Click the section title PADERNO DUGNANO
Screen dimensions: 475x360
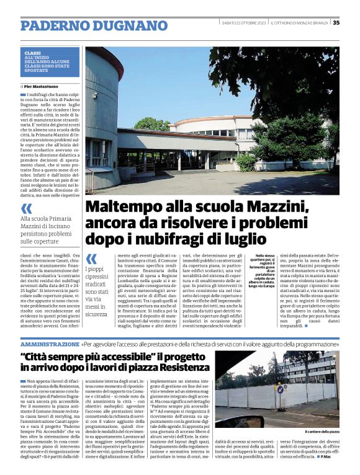pyautogui.click(x=89, y=25)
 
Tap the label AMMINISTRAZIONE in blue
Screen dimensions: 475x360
pyautogui.click(x=50, y=343)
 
